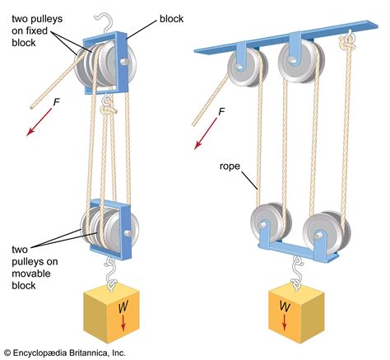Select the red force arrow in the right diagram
click(202, 136)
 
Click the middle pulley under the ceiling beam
click(295, 62)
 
